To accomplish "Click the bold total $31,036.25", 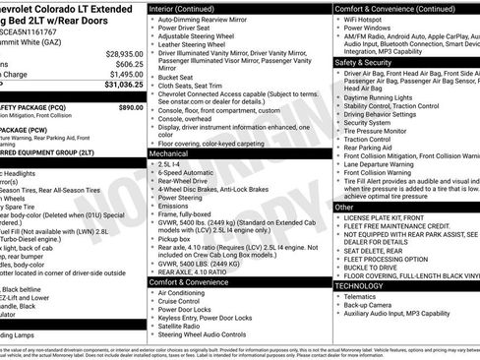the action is coord(115,86).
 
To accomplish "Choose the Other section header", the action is coord(343,208).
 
